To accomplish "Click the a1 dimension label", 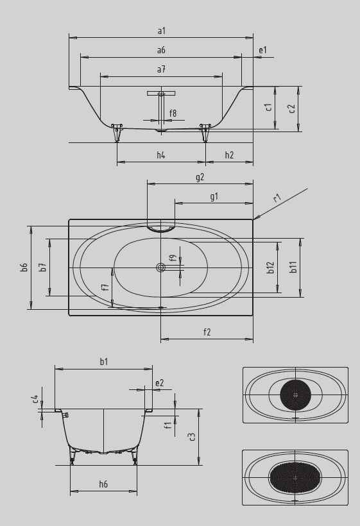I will [161, 31].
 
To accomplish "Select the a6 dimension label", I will [161, 50].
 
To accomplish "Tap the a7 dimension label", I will [161, 69].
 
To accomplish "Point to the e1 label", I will [262, 50].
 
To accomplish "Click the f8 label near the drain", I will [173, 114].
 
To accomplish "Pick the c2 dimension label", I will [292, 108].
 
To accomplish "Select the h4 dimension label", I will [161, 155].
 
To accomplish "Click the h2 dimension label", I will [229, 155].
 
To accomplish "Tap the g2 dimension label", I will [200, 177].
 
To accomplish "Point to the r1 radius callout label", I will [277, 198].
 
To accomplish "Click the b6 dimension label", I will [24, 267].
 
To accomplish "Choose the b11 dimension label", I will [293, 267].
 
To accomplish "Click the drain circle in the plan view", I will [160, 268].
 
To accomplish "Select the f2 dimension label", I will [207, 332].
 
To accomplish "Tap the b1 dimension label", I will [103, 362].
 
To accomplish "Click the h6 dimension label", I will [103, 484].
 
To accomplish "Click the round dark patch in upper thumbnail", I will [295, 395].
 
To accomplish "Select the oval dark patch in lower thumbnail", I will [295, 477].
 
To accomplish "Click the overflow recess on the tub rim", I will [160, 228].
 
